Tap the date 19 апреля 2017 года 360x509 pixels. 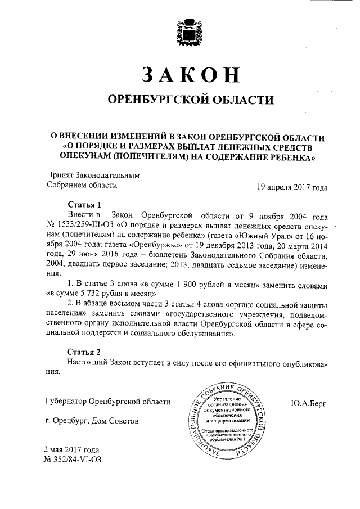292,186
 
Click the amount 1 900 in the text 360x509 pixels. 205,286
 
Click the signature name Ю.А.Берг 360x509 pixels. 309,403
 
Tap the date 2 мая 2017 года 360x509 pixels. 72,450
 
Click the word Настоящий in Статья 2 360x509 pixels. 88,362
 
